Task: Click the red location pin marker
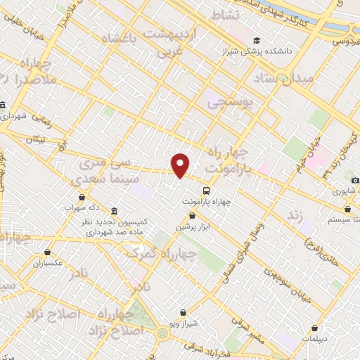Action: (x=181, y=165)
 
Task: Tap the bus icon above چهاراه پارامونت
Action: (x=206, y=190)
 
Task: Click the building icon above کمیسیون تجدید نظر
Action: (x=114, y=212)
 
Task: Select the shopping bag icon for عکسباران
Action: (x=48, y=252)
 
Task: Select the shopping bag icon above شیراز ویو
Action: (x=183, y=312)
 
